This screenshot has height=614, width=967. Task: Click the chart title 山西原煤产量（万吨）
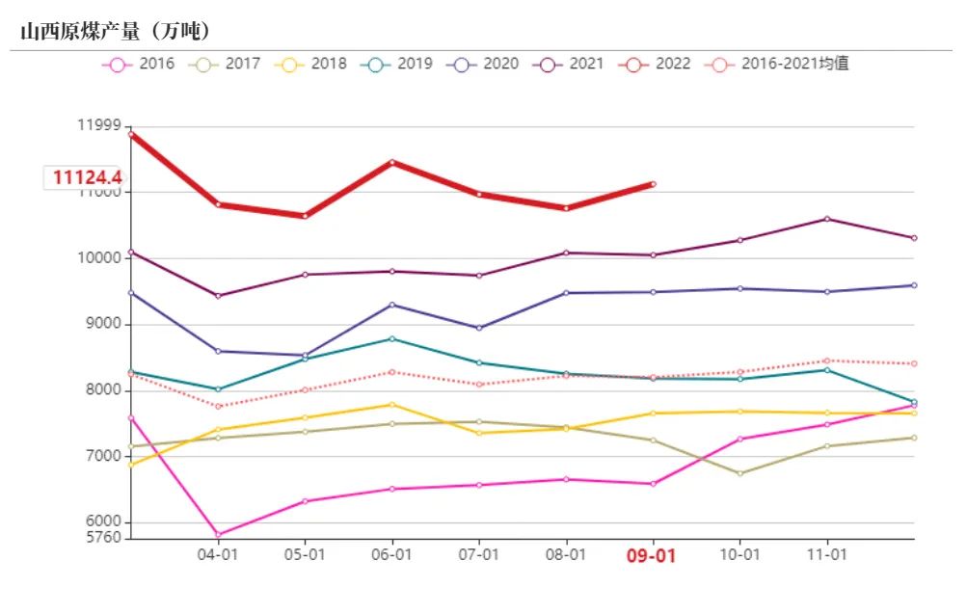pyautogui.click(x=115, y=32)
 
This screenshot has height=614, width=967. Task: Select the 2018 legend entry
pyautogui.click(x=310, y=65)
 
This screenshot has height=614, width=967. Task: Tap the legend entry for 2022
pyautogui.click(x=655, y=65)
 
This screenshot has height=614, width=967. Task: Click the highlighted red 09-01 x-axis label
pyautogui.click(x=653, y=556)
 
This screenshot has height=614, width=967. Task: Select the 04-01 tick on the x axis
pyautogui.click(x=218, y=556)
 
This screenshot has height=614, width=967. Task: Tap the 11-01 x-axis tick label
pyautogui.click(x=826, y=556)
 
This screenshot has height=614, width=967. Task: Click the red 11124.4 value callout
pyautogui.click(x=87, y=178)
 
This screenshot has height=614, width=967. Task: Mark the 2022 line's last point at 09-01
pyautogui.click(x=653, y=184)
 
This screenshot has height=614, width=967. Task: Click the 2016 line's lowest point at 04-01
pyautogui.click(x=218, y=534)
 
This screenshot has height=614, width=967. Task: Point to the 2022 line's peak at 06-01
pyautogui.click(x=391, y=162)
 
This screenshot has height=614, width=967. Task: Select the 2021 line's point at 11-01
pyautogui.click(x=826, y=219)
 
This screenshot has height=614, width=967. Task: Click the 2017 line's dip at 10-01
pyautogui.click(x=739, y=473)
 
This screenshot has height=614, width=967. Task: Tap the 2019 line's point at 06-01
pyautogui.click(x=391, y=338)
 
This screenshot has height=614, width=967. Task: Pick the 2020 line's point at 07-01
pyautogui.click(x=478, y=328)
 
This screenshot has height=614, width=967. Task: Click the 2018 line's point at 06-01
pyautogui.click(x=391, y=404)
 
